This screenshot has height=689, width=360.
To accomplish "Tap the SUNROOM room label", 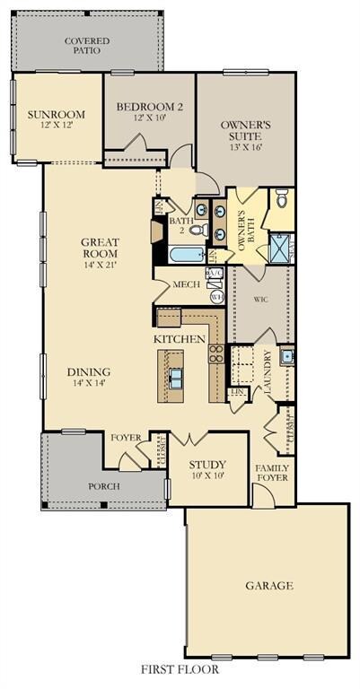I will [x=56, y=115].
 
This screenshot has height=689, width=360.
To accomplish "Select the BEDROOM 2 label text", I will [x=150, y=108].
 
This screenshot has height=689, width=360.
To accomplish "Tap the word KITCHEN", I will [x=180, y=339].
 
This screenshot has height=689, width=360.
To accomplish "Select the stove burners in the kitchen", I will [x=216, y=353].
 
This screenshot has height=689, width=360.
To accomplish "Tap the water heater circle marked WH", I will [x=215, y=296].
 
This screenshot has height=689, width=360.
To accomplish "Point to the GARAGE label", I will [x=269, y=586].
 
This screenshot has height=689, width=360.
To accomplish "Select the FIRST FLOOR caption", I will [x=180, y=669].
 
